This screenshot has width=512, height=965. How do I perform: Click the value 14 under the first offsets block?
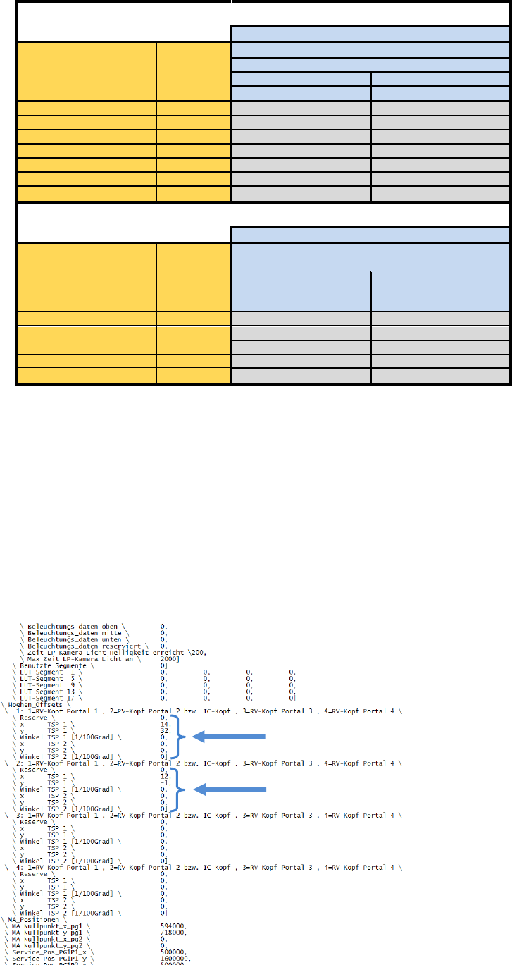[164, 724]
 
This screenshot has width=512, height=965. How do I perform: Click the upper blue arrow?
[230, 737]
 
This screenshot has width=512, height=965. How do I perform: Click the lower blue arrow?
[230, 790]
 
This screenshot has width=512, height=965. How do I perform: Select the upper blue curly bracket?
[183, 737]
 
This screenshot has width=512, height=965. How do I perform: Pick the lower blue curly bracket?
[183, 790]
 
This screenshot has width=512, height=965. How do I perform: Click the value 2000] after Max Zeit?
[170, 658]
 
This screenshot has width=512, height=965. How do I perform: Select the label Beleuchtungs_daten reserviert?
[85, 645]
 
